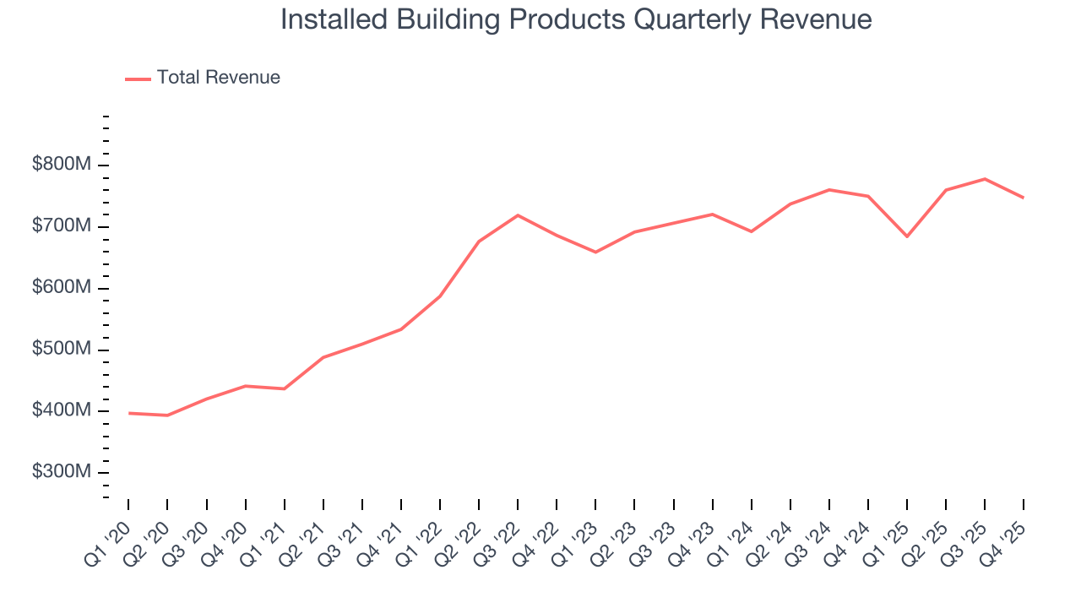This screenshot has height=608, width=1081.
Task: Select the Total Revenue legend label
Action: [x=218, y=78]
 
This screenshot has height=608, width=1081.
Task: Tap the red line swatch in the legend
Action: [x=138, y=79]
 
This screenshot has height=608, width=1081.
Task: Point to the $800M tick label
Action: [x=62, y=165]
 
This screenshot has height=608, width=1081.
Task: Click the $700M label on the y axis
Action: [x=62, y=226]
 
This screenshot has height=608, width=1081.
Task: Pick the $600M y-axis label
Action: [x=62, y=288]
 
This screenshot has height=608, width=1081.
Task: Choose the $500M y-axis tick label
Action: [x=62, y=350]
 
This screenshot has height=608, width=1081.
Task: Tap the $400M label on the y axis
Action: [x=62, y=411]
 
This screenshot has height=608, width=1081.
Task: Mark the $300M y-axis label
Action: [x=62, y=473]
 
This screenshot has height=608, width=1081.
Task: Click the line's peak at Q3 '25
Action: [x=985, y=179]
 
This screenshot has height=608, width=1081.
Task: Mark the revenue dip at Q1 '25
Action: [x=907, y=236]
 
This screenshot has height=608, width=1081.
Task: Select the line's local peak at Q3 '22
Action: [x=518, y=215]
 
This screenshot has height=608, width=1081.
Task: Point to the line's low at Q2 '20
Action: [x=167, y=415]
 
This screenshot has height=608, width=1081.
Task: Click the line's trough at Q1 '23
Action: [x=595, y=252]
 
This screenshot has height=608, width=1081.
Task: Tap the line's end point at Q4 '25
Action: [x=1024, y=198]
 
